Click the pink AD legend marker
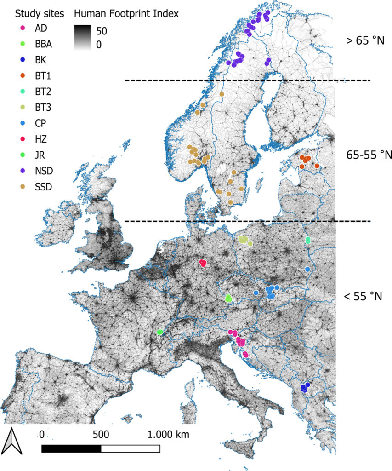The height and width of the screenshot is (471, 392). [24, 28]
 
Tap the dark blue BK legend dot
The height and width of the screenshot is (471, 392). [24, 60]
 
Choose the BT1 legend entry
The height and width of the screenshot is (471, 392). [44, 75]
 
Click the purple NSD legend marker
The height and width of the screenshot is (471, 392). [24, 171]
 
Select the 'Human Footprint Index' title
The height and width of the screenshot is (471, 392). [126, 14]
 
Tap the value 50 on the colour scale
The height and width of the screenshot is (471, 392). [102, 31]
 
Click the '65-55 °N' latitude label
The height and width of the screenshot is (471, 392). [369, 155]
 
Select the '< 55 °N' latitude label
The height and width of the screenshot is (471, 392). [363, 296]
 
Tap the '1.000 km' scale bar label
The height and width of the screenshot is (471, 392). [168, 434]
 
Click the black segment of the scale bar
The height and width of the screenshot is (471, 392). [71, 448]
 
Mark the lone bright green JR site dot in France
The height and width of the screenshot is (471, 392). [160, 332]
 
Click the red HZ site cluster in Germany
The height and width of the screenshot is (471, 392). [203, 263]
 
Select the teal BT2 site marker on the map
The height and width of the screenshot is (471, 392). [308, 240]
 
